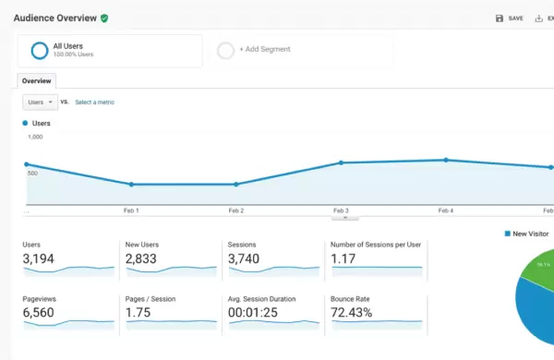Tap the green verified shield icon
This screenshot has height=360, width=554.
[105, 18]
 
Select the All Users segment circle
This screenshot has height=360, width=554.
[40, 51]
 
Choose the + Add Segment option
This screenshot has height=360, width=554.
[264, 50]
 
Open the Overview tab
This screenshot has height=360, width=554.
[36, 81]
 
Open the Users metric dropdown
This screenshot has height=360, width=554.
[40, 102]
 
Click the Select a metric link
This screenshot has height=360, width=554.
[95, 102]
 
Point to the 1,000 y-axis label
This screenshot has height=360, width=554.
[35, 137]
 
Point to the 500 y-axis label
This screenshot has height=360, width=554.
[33, 173]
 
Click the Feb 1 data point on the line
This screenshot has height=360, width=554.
[131, 185]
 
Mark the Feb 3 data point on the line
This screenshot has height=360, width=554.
[341, 162]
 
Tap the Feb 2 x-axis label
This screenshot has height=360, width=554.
[235, 210]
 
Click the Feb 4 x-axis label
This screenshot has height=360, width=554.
[446, 210]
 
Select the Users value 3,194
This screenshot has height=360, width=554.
[39, 259]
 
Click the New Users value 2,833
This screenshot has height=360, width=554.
[141, 259]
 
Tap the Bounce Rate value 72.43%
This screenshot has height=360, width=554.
[351, 313]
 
